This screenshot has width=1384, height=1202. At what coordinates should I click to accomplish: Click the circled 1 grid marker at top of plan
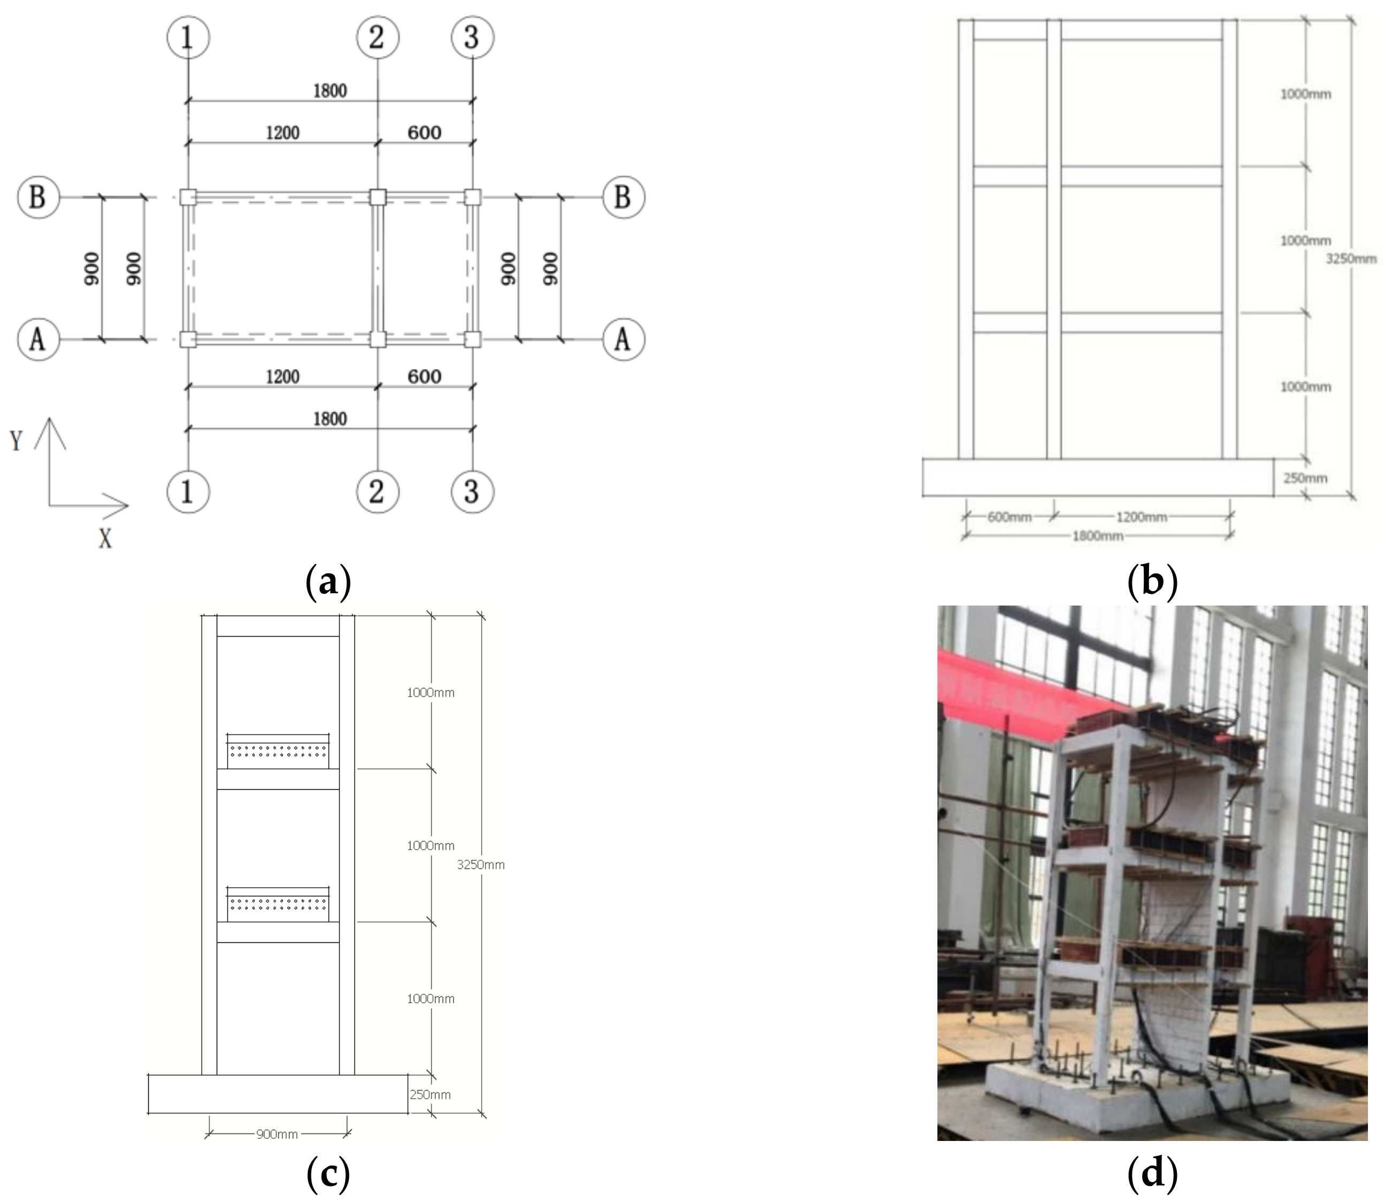click(x=188, y=37)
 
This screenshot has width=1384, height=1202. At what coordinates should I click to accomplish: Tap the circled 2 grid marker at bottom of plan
click(x=377, y=491)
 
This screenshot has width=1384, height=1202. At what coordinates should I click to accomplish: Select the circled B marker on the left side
click(x=38, y=197)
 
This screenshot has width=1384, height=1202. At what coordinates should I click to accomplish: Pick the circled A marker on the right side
click(x=623, y=339)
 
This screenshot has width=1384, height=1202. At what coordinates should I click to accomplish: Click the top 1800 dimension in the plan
click(x=330, y=90)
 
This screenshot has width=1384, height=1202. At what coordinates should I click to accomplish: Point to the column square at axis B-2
click(x=377, y=197)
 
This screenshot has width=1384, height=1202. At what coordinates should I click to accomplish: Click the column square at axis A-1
click(x=188, y=339)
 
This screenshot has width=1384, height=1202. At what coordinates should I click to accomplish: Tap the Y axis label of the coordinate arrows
click(x=16, y=441)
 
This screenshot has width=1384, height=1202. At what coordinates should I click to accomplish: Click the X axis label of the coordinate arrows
click(x=105, y=539)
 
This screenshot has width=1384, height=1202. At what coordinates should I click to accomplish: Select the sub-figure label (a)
click(x=328, y=581)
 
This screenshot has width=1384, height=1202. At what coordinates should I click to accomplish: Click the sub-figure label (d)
click(x=1152, y=1173)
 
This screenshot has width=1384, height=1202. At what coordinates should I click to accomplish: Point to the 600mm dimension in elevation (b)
click(x=1009, y=517)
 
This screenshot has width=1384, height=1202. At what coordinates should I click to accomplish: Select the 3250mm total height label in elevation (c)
click(x=481, y=865)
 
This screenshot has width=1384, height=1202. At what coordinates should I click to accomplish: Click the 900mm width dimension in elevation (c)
click(x=277, y=1134)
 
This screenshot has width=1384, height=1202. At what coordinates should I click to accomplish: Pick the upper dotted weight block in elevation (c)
click(x=278, y=751)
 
